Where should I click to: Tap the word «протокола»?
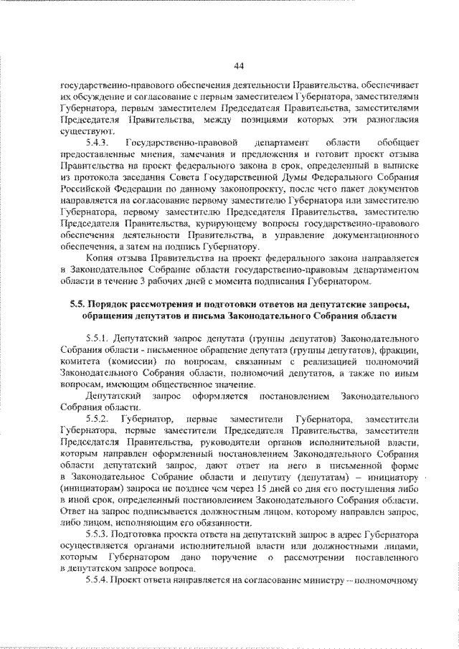coord(96,179)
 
